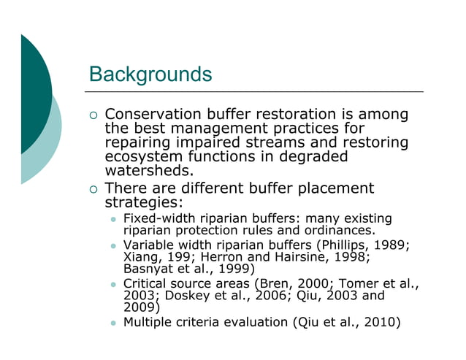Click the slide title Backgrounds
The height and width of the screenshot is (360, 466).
point(150,74)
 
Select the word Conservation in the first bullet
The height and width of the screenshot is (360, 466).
point(151,115)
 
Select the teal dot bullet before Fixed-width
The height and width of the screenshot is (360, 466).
point(113,219)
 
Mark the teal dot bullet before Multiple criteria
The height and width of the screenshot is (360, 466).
point(113,322)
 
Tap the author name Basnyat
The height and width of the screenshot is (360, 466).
point(148,268)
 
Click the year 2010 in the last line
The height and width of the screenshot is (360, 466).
point(380,321)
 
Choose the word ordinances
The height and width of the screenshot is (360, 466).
point(335,230)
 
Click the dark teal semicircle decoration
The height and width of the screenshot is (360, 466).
point(33,95)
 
